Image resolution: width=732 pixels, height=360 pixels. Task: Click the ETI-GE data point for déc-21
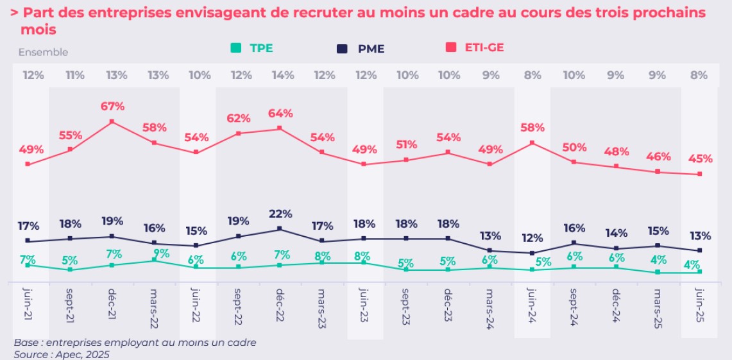112,121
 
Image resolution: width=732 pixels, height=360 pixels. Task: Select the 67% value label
112,106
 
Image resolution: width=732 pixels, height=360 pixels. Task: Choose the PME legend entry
362,48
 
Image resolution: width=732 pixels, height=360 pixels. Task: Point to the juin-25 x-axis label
700,309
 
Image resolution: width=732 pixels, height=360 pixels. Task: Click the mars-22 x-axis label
153,309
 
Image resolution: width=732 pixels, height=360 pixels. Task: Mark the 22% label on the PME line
280,214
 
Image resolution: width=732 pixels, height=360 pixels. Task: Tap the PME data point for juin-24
532,253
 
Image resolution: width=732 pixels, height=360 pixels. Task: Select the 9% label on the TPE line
161,253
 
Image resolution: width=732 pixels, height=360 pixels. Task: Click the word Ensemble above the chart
42,53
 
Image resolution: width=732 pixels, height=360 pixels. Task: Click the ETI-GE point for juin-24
532,142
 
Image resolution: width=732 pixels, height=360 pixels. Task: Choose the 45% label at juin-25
700,159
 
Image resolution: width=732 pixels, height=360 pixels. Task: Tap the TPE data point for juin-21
28,265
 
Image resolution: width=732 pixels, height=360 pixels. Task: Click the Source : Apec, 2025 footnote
62,354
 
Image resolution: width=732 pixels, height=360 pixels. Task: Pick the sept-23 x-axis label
405,309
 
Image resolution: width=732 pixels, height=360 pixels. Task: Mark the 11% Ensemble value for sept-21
74,75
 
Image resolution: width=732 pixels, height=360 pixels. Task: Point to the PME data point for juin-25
700,250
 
